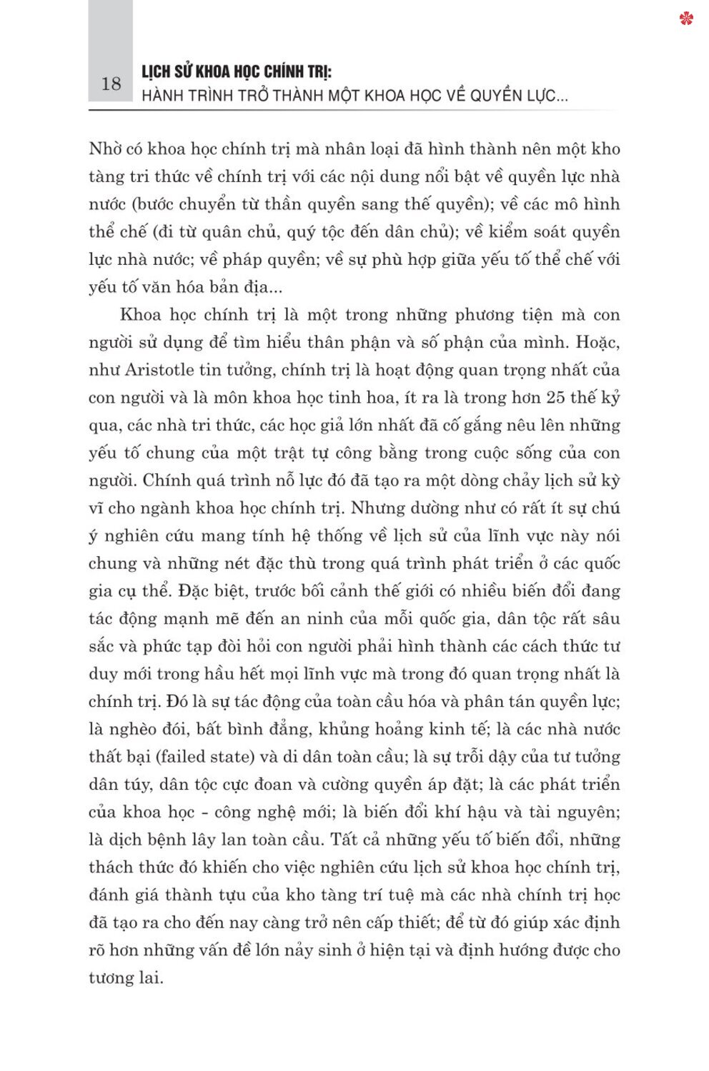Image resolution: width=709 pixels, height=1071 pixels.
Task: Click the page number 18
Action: pos(111,84)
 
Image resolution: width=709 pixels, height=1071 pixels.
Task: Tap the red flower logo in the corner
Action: pos(687,19)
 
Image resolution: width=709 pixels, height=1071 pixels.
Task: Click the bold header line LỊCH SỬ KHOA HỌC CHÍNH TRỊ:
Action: pos(237,71)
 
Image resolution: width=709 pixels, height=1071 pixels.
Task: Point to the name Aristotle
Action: pos(159,370)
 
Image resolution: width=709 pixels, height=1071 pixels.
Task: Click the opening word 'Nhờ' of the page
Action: pos(106,149)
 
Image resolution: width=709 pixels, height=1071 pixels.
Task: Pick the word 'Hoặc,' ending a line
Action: pos(597,343)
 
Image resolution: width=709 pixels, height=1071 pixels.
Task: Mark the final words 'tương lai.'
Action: pos(126,977)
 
